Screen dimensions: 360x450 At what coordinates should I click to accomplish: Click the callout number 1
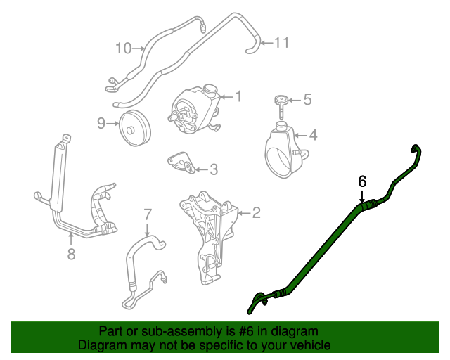[238, 96]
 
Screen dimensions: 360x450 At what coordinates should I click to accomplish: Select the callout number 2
[256, 211]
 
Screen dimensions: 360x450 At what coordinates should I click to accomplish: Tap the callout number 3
[214, 169]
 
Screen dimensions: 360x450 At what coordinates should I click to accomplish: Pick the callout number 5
[307, 101]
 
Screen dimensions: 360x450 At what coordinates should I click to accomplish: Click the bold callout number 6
[363, 181]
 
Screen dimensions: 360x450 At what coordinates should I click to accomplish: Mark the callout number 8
[71, 254]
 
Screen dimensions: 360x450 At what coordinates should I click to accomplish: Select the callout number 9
[101, 124]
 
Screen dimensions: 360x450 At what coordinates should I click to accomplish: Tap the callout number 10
[124, 48]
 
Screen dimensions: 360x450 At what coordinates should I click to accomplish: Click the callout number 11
[281, 43]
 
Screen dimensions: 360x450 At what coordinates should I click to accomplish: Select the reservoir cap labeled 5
[282, 103]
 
